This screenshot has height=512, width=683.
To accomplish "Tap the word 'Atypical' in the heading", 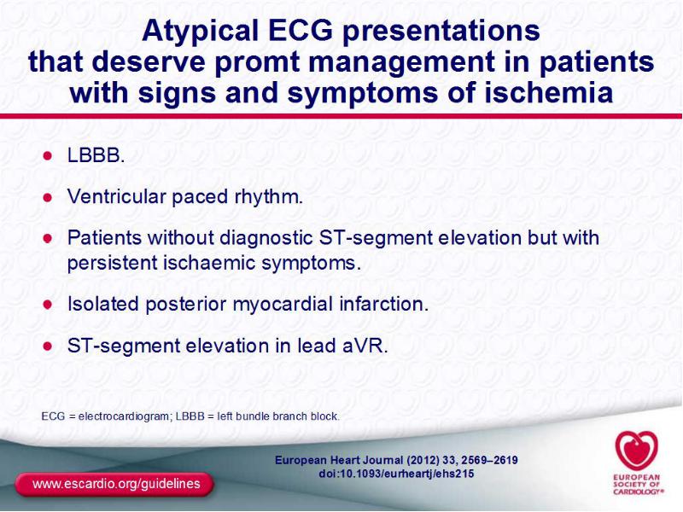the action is [x=200, y=32].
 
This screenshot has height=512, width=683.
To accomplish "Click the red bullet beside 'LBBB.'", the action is [x=48, y=155].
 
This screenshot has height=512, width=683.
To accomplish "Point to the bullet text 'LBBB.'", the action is [x=96, y=155].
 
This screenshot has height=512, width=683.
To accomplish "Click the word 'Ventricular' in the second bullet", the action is [x=116, y=196].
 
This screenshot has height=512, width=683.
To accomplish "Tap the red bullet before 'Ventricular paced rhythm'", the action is [x=48, y=197].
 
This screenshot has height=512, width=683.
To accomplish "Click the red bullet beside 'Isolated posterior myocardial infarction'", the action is [x=48, y=305].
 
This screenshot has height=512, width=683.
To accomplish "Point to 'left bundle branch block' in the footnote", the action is [x=278, y=416].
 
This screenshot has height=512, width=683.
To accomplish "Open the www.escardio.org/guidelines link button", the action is [x=115, y=484].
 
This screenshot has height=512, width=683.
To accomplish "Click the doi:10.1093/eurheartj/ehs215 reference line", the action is [x=396, y=474].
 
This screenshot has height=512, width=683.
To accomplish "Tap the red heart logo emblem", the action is [x=636, y=451].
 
